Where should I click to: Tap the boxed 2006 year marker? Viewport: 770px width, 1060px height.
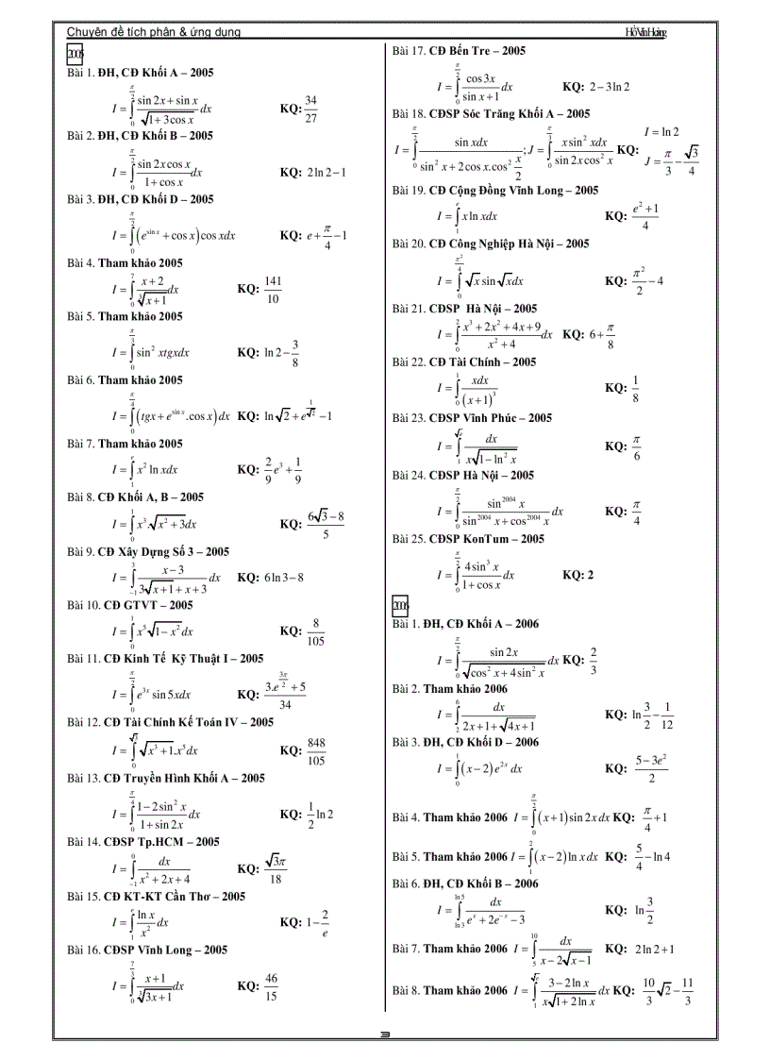pyautogui.click(x=399, y=605)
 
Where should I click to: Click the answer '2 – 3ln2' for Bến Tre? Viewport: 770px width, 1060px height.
pyautogui.click(x=609, y=87)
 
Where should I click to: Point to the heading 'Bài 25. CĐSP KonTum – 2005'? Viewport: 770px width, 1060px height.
pyautogui.click(x=468, y=539)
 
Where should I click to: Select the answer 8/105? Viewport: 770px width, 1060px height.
pyautogui.click(x=315, y=631)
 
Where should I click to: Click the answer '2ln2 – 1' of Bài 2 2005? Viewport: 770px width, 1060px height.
pyautogui.click(x=326, y=173)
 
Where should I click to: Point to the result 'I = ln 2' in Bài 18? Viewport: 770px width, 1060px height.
pyautogui.click(x=661, y=132)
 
